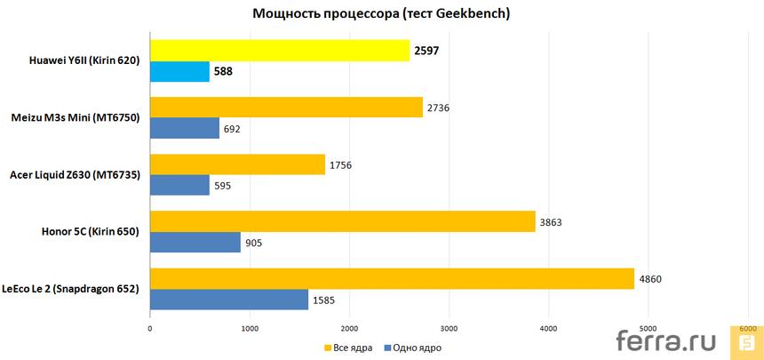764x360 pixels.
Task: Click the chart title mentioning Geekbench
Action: coord(382,13)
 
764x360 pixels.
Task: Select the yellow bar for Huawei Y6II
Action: coord(280,51)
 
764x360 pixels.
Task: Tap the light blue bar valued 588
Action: coord(179,72)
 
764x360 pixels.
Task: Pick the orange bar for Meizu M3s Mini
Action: coord(286,108)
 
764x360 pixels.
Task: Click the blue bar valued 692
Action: coord(185,129)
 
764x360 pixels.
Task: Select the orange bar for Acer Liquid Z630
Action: coord(237,164)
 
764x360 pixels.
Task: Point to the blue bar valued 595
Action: coord(179,186)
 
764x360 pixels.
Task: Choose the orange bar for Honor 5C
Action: coord(342,221)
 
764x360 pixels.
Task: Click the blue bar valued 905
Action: coord(195,243)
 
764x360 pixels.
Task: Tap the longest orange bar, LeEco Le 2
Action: coord(392,278)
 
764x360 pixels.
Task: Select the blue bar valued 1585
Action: coord(229,300)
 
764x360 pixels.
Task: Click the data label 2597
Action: coord(426,51)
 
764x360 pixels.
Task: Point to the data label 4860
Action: coord(652,278)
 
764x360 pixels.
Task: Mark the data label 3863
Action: coord(553,221)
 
